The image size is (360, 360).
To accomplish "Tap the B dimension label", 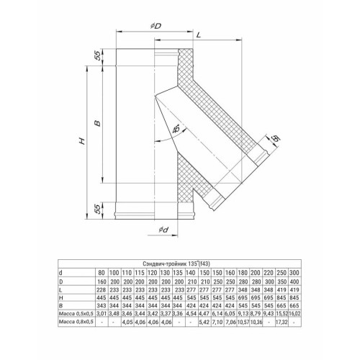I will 96,123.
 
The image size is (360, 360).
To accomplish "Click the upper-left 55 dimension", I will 96,55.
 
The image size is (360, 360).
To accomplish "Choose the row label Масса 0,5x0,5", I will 74,314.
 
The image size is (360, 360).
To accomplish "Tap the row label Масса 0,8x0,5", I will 74,324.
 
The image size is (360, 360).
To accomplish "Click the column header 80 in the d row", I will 101,274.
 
